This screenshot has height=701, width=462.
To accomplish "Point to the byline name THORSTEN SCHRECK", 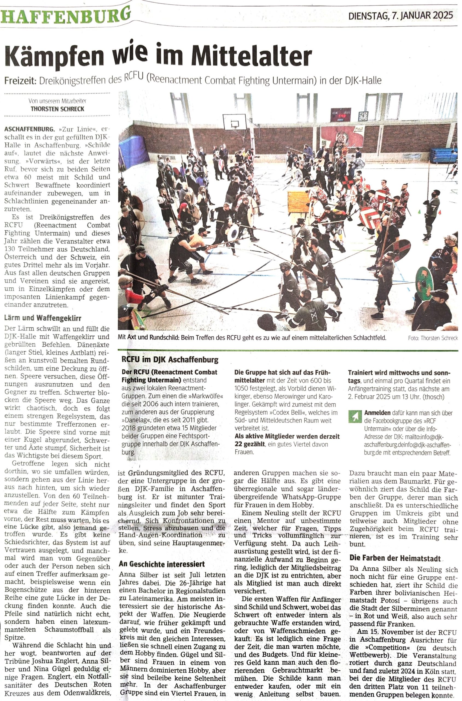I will coord(57,109).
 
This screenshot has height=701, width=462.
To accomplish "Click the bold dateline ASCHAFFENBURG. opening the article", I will coord(30,129).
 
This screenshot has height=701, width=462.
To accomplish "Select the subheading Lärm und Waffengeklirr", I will coord(43,318).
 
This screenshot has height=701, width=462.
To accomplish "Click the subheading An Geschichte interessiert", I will coord(161,564).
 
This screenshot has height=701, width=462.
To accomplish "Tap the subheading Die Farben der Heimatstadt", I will coord(395,558).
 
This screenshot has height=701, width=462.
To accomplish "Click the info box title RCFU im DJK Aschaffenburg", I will coord(170,360).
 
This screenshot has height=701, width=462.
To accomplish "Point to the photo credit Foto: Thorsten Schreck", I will coord(433,338).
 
